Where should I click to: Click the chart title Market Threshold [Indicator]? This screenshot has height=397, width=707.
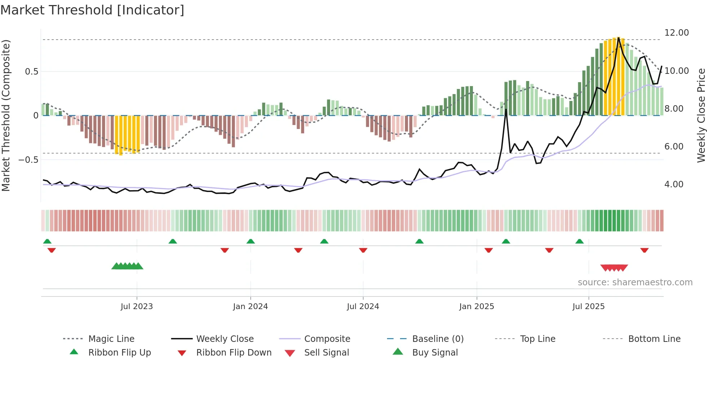click(x=92, y=10)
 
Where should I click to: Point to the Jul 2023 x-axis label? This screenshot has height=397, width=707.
click(x=137, y=307)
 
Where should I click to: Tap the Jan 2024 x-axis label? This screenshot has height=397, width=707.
click(x=250, y=307)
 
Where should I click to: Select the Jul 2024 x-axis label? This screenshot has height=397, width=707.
click(x=363, y=307)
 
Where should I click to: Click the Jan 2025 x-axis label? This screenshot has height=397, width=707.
click(x=477, y=307)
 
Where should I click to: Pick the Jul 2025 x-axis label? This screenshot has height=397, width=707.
click(x=588, y=307)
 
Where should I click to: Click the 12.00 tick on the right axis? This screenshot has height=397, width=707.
click(x=676, y=33)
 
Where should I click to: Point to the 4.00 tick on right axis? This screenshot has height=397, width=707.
click(x=674, y=184)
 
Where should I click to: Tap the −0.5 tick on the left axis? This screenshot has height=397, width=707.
click(x=28, y=160)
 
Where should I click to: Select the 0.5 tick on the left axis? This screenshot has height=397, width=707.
click(x=31, y=72)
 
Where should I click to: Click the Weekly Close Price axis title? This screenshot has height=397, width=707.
click(x=701, y=115)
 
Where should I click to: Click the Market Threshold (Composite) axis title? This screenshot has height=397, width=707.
click(x=6, y=115)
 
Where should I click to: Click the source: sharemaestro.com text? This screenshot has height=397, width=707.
click(x=635, y=282)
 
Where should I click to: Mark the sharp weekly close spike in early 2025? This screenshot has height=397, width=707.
click(x=506, y=110)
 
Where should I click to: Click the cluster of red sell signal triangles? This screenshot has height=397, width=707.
click(x=614, y=268)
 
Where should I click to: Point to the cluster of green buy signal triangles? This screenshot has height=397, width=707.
click(x=127, y=266)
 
